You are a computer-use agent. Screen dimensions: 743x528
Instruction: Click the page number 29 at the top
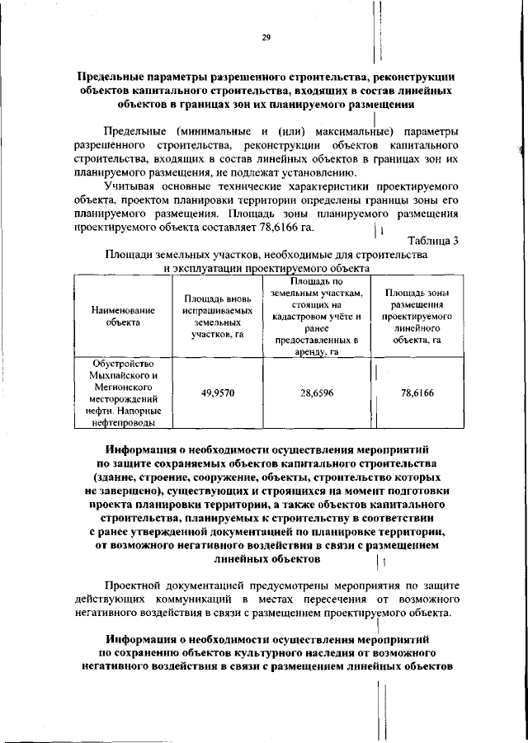coord(266,37)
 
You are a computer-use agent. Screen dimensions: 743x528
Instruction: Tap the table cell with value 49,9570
coord(218,393)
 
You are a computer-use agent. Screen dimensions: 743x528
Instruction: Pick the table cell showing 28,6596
coord(317,393)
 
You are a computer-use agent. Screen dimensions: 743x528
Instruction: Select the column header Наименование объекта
coord(123,316)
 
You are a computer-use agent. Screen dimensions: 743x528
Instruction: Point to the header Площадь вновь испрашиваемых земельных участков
coord(218,316)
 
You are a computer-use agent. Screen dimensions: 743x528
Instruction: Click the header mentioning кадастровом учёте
coord(317,316)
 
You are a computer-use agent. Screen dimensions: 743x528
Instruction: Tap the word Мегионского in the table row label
coord(123,387)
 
